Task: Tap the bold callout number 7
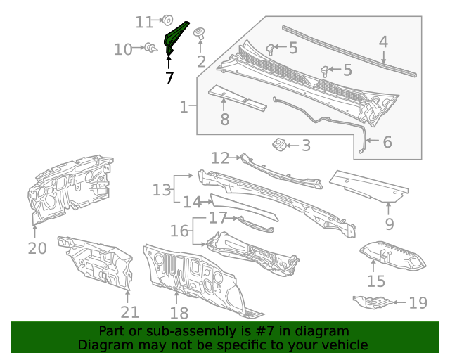[x=169, y=77]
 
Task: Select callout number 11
[x=144, y=22]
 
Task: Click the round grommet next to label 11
[x=169, y=20]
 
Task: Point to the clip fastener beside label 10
[x=150, y=48]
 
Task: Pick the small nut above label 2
[x=200, y=32]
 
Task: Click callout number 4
[x=383, y=41]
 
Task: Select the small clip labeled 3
[x=279, y=144]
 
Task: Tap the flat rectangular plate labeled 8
[x=238, y=98]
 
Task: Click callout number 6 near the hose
[x=387, y=142]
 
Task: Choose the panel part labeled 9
[x=369, y=184]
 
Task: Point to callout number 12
[x=220, y=157]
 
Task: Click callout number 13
[x=162, y=189]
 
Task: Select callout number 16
[x=180, y=231]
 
